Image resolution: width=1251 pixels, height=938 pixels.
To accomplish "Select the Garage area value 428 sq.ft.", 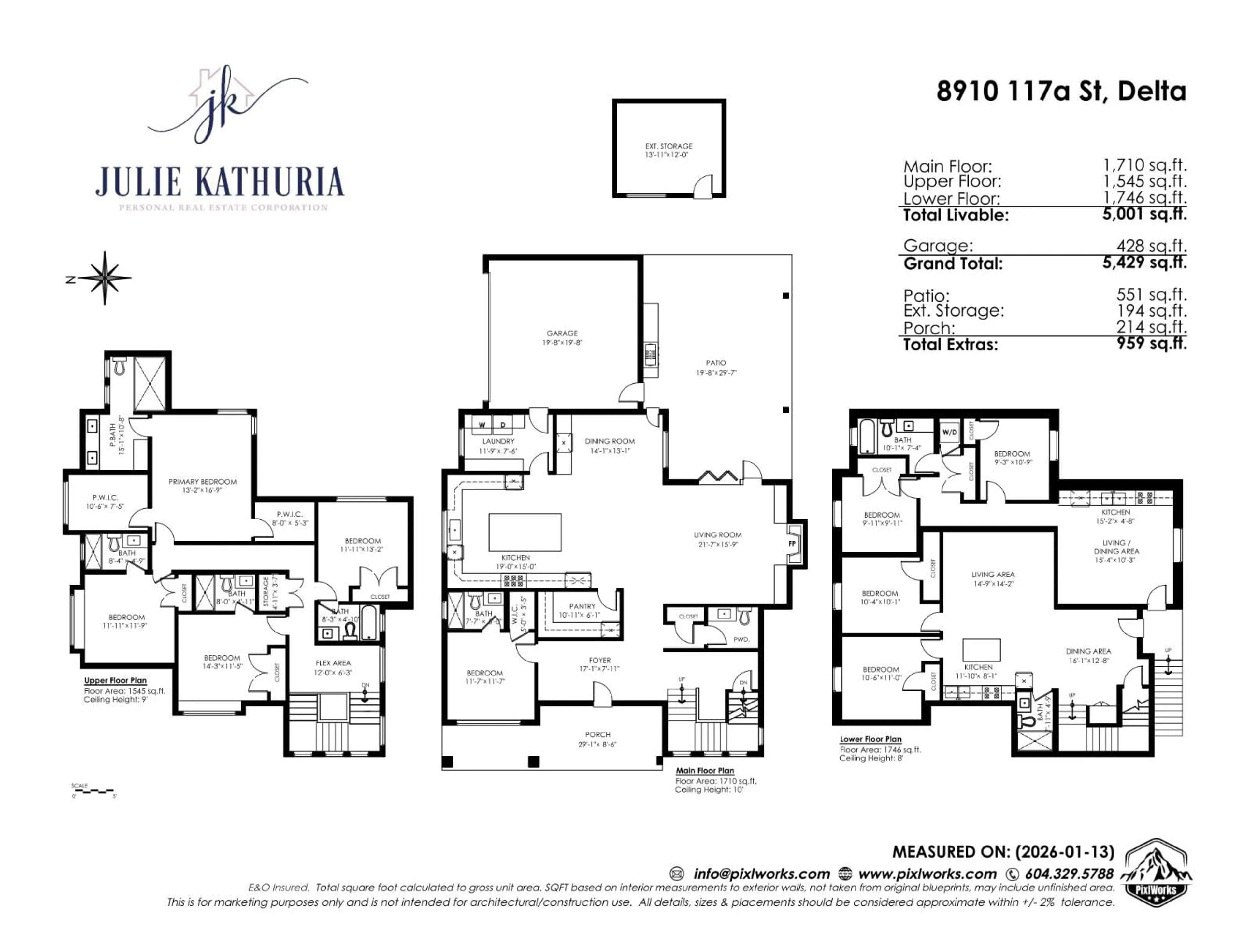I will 1151,246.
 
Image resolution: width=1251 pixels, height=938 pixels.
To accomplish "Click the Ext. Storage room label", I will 669,146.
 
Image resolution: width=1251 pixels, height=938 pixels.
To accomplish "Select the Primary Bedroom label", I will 202,482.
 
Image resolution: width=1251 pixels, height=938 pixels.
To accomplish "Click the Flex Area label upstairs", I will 333,663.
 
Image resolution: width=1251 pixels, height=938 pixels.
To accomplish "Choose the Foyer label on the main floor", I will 599,660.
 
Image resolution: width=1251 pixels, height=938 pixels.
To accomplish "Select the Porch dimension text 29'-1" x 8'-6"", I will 597,745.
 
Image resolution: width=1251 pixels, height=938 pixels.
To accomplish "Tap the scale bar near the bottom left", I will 93,791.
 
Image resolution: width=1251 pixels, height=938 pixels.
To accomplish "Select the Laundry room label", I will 498,441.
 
